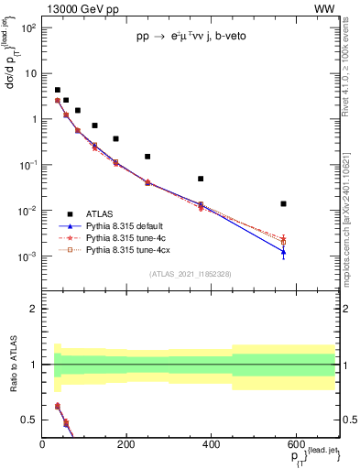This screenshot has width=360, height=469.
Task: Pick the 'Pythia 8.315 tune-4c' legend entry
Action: pos(124,236)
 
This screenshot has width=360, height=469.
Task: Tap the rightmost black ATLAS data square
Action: pos(284,203)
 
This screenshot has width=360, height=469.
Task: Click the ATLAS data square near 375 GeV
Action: pos(201,179)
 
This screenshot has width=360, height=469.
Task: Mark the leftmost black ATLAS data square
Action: pos(58,91)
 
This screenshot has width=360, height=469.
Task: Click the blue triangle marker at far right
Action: pos(284,252)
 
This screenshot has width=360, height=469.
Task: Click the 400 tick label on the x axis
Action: pos(211,446)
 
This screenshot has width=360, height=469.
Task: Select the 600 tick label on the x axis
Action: pos(295,446)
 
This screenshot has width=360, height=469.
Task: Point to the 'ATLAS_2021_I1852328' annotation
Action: pos(190,274)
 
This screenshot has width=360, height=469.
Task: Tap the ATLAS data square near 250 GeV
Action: pos(147,157)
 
